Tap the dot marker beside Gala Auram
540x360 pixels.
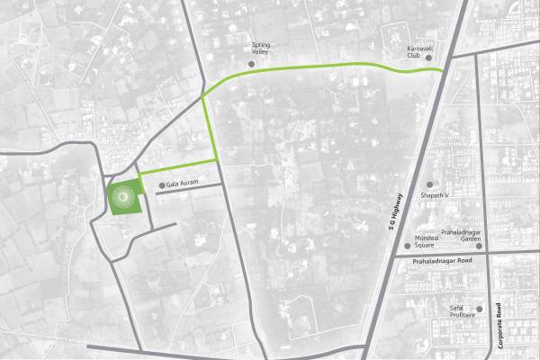tap(161, 186)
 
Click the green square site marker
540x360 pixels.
tap(124, 196)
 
